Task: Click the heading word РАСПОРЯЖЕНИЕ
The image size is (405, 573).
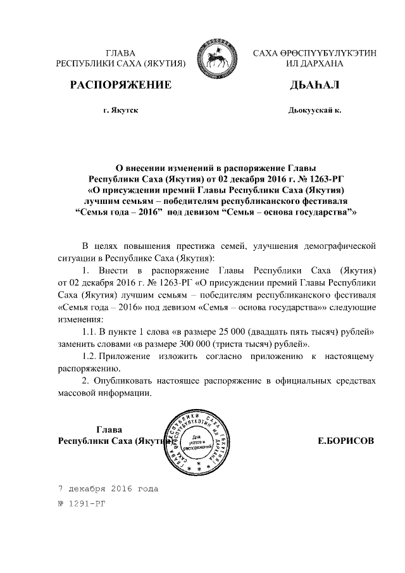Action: [120, 85]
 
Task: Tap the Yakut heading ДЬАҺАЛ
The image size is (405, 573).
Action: [315, 85]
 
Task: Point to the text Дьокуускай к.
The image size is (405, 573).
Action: [315, 110]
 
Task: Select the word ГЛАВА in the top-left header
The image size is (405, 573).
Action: [120, 53]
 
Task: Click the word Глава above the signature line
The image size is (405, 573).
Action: [108, 430]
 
